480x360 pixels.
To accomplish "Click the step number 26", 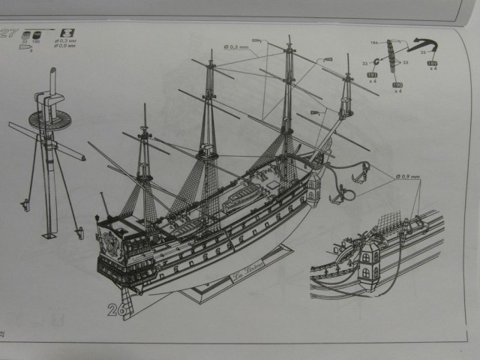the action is coord(116,309).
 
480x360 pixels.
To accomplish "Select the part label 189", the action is coord(432,64).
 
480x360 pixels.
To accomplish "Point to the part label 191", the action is coord(372,76).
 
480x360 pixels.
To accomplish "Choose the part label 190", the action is coord(398,85).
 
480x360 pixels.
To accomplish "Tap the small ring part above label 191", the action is coord(373,62).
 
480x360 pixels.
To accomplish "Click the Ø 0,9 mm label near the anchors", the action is coord(407,177).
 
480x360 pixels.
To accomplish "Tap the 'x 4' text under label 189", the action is coord(432,71).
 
